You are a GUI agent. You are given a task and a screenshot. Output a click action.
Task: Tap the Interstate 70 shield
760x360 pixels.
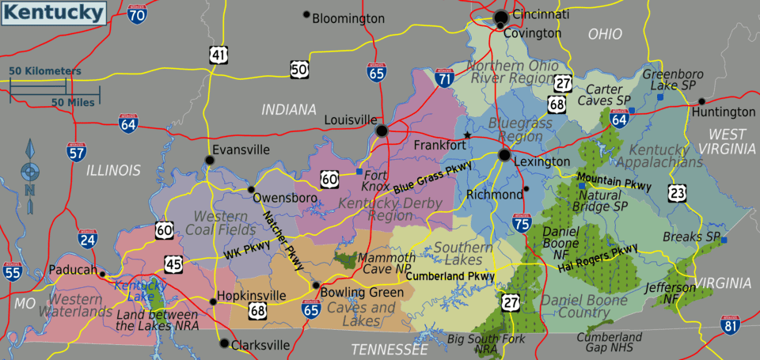[x=137, y=13]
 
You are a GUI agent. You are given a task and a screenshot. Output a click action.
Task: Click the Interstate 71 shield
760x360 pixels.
[x=445, y=78]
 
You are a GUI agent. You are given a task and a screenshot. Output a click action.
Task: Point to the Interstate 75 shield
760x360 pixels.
[x=520, y=225]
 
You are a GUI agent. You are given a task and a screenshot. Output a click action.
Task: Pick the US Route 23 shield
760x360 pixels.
[x=676, y=192]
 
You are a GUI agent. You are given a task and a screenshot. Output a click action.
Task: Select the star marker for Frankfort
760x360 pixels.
[x=467, y=136]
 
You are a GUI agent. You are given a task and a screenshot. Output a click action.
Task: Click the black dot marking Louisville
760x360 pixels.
[x=382, y=131]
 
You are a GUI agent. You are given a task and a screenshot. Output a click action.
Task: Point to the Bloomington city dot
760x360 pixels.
[x=306, y=14]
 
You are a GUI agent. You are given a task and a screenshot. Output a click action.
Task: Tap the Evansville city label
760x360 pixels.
[x=241, y=150]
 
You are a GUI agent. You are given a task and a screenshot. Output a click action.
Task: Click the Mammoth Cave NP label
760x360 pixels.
[x=386, y=263]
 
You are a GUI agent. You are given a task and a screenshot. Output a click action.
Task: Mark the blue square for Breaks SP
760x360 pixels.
[x=724, y=240]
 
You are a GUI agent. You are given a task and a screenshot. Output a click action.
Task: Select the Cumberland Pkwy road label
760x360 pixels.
[x=450, y=276]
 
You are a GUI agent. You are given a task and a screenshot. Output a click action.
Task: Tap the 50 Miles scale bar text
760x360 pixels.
[x=74, y=102]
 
